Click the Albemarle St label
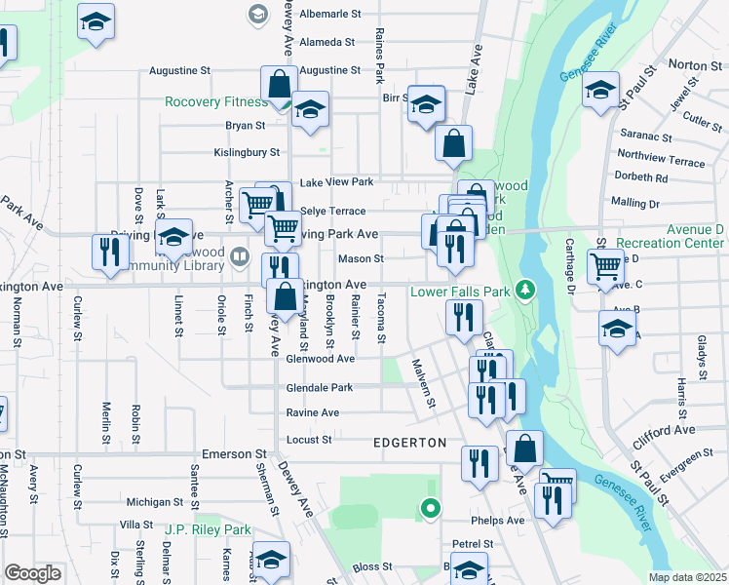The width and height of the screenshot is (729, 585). tap(330, 15)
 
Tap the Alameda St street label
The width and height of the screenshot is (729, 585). tap(327, 42)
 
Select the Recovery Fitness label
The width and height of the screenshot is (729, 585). tap(215, 101)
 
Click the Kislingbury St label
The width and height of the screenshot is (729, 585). tap(247, 152)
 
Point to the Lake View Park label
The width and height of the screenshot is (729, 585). tap(336, 182)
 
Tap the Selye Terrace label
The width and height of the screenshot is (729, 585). tap(332, 211)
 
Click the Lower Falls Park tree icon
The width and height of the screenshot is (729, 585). tap(525, 290)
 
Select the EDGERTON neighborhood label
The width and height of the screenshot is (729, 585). tap(409, 443)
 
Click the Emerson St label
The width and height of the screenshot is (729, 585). tap(234, 454)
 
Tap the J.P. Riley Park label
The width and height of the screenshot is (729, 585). tap(208, 530)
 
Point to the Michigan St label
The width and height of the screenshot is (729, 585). tap(148, 501)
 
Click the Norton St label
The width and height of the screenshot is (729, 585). tap(694, 64)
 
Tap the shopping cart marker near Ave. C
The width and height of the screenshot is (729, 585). tap(605, 266)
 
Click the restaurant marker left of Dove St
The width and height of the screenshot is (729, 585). tap(107, 253)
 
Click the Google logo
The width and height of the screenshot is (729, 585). tap(32, 572)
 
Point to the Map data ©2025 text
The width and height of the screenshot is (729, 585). tap(687, 577)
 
